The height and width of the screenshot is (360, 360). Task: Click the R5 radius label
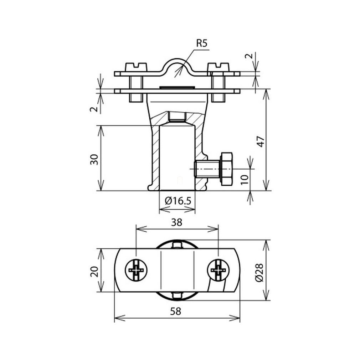202,43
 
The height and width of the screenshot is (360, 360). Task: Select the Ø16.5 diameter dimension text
178,201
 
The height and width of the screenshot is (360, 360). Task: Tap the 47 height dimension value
261,142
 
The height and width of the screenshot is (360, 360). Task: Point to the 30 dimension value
94,160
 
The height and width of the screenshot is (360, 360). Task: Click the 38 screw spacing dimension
177,222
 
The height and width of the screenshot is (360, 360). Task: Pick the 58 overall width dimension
176,311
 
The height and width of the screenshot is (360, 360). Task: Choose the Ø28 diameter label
259,273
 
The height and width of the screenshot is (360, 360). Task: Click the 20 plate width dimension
94,272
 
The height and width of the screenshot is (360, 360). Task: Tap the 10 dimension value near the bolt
245,179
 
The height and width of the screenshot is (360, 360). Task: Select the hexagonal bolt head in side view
226,169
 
